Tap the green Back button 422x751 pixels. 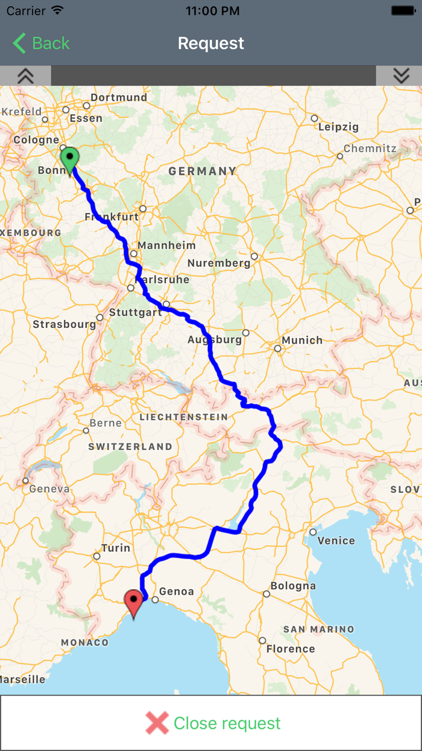41,43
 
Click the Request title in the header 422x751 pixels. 211,43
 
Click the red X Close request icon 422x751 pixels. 157,723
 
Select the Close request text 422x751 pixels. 227,723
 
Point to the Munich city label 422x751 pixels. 302,340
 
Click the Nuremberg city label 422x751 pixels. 218,263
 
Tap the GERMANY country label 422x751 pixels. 203,171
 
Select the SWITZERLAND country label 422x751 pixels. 130,447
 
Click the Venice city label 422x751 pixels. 336,540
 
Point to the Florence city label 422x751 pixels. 291,649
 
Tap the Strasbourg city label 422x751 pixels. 64,324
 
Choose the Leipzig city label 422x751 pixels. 338,127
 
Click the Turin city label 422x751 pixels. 116,548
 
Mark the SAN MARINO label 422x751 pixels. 319,629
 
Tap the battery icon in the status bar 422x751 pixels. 403,11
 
